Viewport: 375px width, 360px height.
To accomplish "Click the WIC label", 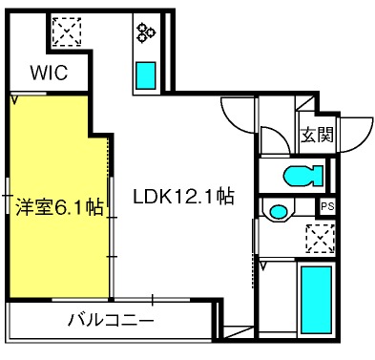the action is [x=49, y=73].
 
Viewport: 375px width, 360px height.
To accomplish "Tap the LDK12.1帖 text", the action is [x=183, y=197].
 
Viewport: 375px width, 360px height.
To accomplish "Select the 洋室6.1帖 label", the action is [x=59, y=207].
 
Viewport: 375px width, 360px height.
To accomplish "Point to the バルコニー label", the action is [x=111, y=319].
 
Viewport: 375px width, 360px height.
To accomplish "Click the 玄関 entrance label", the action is [x=317, y=135].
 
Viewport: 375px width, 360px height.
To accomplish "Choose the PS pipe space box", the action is [x=327, y=207].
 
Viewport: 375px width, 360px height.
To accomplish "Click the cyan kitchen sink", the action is [x=146, y=75].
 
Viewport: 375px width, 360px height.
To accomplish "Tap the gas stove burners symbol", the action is [x=145, y=32].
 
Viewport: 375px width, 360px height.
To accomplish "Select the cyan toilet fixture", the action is [x=303, y=176].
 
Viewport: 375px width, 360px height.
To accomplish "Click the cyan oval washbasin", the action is [x=278, y=211].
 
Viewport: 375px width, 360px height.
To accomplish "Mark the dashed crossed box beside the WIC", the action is [x=67, y=32].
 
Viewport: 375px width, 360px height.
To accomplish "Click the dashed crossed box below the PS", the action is [x=321, y=239].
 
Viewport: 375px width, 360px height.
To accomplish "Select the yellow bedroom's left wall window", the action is [x=7, y=195].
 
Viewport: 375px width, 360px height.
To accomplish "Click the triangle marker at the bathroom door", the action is [x=263, y=266].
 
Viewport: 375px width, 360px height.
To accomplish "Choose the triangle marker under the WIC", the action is [x=14, y=99].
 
